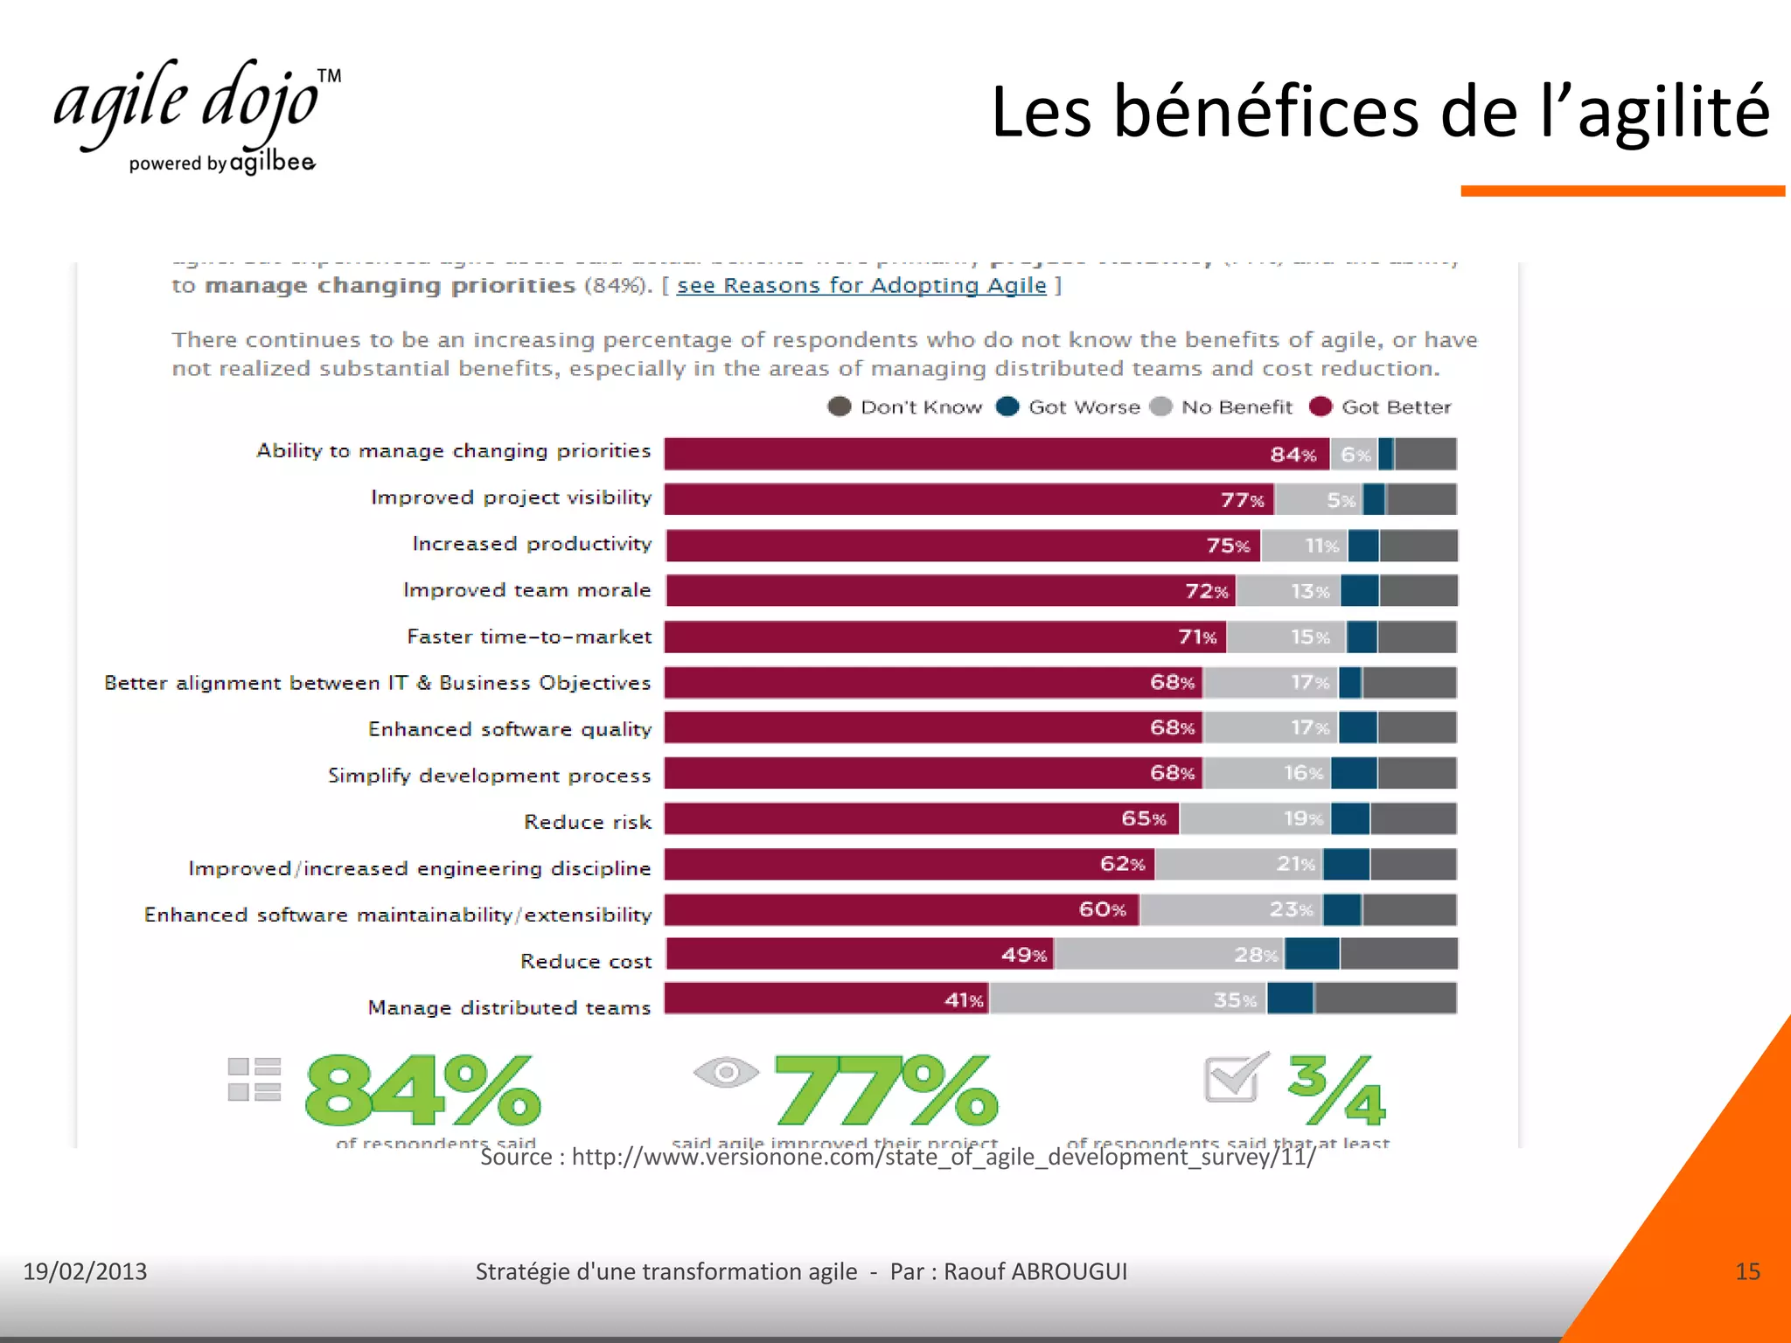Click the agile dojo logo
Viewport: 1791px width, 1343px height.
[x=197, y=114]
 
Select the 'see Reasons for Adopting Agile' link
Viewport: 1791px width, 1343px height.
[x=861, y=286]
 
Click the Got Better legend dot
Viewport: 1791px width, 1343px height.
[x=1321, y=407]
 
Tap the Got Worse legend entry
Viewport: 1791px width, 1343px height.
[x=1069, y=407]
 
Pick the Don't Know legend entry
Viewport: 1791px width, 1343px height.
[x=905, y=407]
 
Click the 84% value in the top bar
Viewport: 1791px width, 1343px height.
[x=1293, y=455]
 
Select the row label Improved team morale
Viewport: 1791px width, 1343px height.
[x=526, y=590]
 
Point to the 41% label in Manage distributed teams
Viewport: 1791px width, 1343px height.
[x=964, y=999]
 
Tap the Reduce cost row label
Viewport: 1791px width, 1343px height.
[x=586, y=961]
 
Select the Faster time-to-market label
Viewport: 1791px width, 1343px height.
[x=529, y=637]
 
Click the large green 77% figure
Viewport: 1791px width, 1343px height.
[x=885, y=1090]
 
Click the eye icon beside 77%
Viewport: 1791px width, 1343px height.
[x=726, y=1072]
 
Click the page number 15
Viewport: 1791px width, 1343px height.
[x=1747, y=1271]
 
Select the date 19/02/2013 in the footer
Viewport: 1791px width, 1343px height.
[x=85, y=1271]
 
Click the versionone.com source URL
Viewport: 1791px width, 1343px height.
[x=943, y=1157]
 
